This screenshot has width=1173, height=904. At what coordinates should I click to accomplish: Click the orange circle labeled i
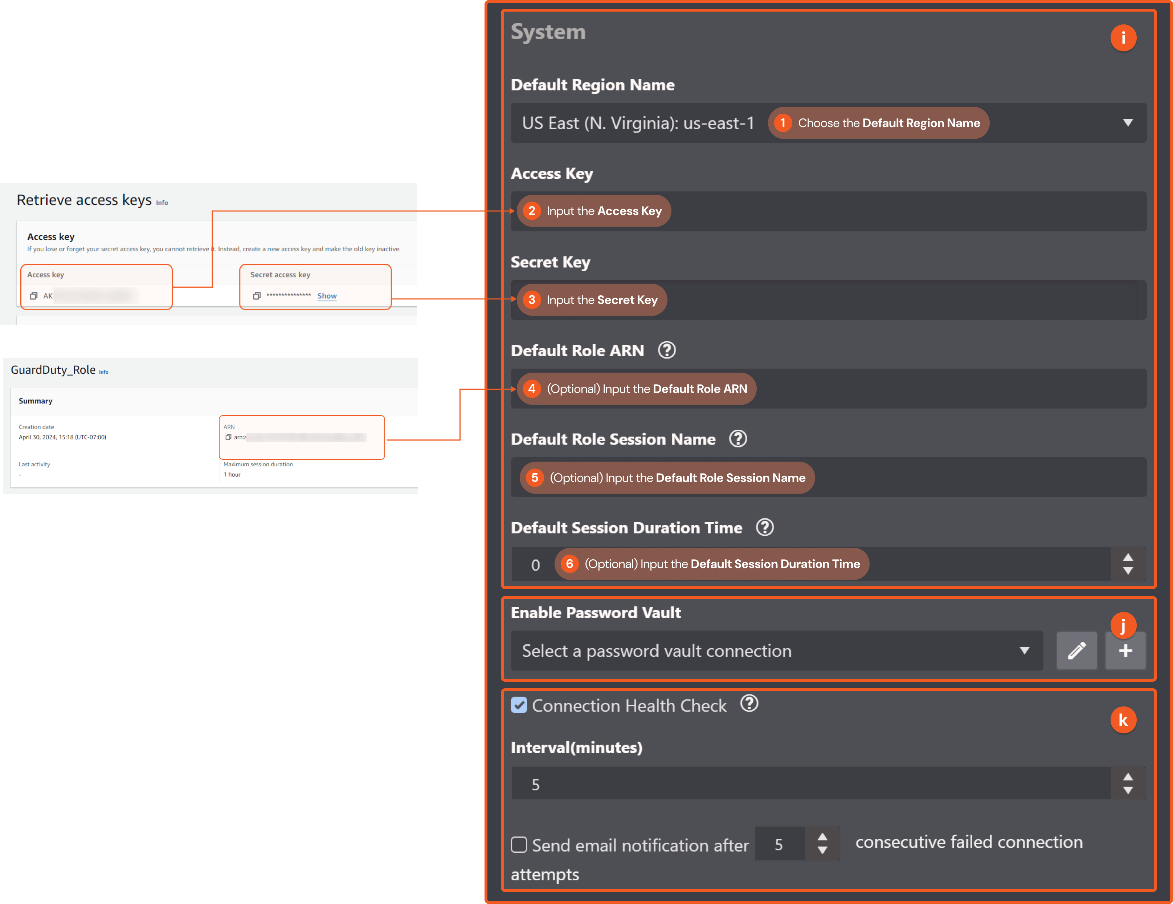(x=1123, y=38)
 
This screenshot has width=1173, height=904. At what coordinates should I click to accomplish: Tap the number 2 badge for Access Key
(x=531, y=211)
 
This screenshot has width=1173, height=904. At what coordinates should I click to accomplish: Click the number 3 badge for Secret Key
(x=531, y=300)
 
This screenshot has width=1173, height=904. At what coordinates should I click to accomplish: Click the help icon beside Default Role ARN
(x=666, y=350)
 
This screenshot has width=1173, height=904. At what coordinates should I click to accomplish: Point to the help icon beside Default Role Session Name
(x=738, y=439)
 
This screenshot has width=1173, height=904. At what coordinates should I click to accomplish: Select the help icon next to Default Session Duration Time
(x=764, y=527)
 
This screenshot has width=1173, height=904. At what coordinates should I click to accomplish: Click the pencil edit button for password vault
(x=1076, y=651)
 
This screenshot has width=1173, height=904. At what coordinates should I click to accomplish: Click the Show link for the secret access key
(x=327, y=296)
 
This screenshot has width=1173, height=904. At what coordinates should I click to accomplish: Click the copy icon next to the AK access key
(x=34, y=296)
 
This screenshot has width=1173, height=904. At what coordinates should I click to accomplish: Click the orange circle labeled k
(x=1123, y=720)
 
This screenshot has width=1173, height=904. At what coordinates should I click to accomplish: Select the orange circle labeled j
(x=1123, y=625)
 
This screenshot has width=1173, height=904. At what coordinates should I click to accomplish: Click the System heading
(x=548, y=32)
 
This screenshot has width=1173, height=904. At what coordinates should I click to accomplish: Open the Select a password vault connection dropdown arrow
(x=1024, y=651)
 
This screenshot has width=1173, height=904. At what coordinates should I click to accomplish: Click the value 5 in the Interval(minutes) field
(x=535, y=785)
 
